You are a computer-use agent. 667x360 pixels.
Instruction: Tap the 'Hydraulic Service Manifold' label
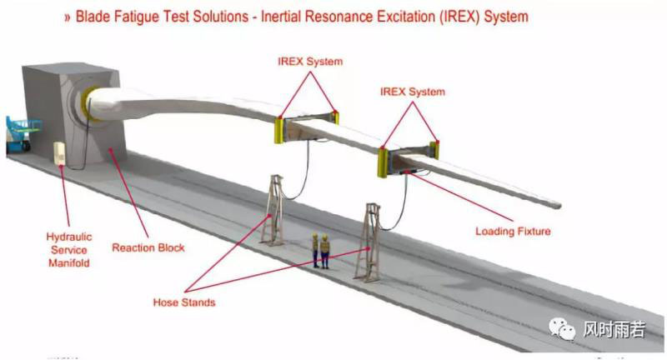[68, 249]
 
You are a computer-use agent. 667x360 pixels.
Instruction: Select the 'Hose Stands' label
[184, 302]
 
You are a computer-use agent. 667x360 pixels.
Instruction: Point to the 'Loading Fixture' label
[513, 231]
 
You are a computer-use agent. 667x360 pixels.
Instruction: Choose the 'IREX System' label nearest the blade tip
[412, 91]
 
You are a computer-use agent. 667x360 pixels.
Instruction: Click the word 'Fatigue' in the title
[143, 16]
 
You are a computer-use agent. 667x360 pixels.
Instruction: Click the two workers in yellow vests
[321, 250]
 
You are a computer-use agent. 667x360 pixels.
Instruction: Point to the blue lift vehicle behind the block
[21, 133]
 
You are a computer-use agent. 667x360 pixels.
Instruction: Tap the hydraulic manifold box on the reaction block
[61, 155]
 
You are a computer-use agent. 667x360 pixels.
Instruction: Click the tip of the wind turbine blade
[557, 203]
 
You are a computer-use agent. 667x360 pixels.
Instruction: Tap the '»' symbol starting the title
[67, 17]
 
